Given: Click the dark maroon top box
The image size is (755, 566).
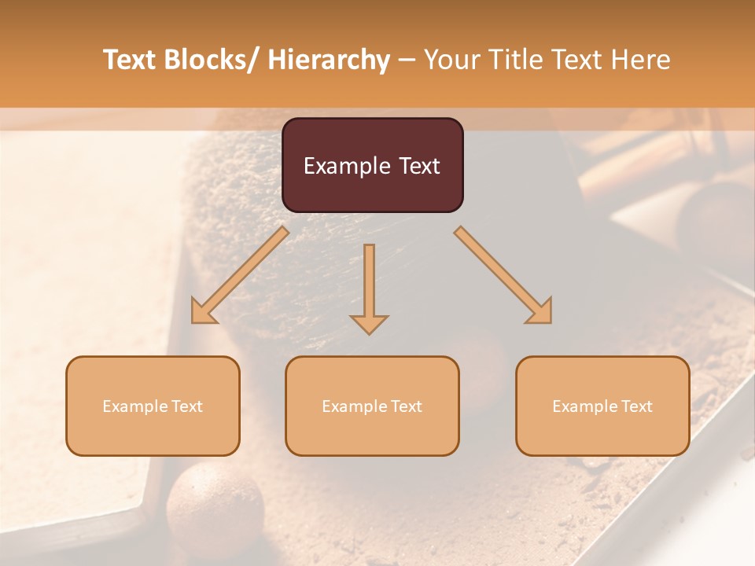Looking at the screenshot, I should click(372, 165).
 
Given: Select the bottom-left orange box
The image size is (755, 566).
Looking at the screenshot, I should click(153, 406).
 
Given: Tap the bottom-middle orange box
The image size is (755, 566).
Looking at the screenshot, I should click(372, 406).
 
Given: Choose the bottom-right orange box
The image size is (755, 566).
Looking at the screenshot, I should click(602, 406).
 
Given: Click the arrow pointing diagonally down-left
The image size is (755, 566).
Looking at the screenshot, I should click(240, 275).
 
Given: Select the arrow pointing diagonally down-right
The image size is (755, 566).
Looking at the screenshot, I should click(503, 275).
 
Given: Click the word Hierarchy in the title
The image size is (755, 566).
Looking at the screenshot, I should click(329, 60).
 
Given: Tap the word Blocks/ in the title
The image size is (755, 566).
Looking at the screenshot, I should click(213, 60).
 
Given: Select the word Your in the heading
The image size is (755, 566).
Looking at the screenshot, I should click(452, 60).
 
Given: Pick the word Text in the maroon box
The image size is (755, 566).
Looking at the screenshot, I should click(418, 166).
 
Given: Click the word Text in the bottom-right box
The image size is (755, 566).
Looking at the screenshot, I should click(635, 406).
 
